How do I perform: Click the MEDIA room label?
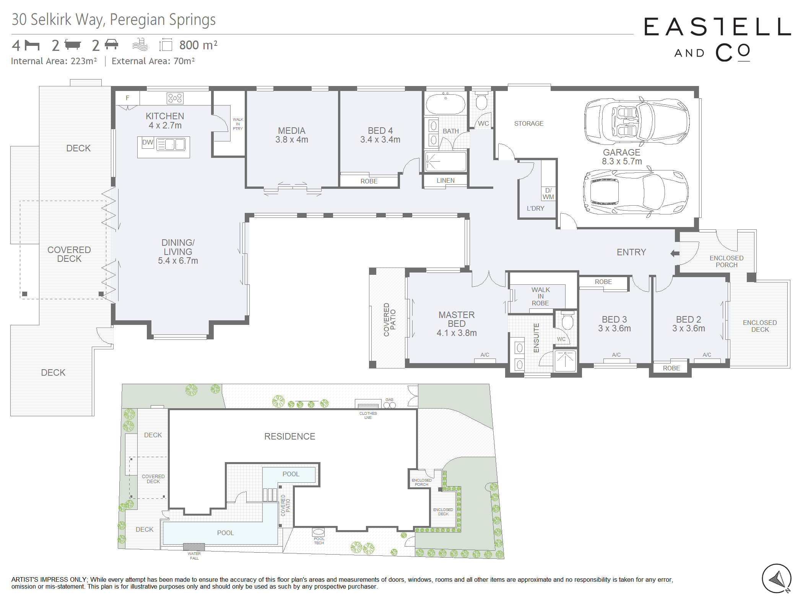tap(291, 131)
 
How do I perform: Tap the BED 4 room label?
tap(380, 131)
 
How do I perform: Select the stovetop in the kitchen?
tap(175, 98)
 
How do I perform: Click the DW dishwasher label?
tap(148, 143)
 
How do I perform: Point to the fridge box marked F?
tap(128, 98)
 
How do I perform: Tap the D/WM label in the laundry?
tap(548, 194)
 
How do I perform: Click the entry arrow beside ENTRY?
tap(675, 253)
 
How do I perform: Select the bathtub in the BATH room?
tap(445, 103)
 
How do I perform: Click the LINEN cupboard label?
tap(445, 180)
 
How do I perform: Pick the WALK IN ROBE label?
tap(540, 296)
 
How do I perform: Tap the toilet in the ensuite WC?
tap(567, 320)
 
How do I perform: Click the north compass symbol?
tap(776, 579)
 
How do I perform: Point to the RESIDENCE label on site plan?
tap(290, 436)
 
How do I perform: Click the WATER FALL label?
tap(194, 556)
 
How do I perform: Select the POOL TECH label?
tap(319, 540)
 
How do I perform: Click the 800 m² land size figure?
tap(198, 45)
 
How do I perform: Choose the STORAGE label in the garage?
tap(529, 123)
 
